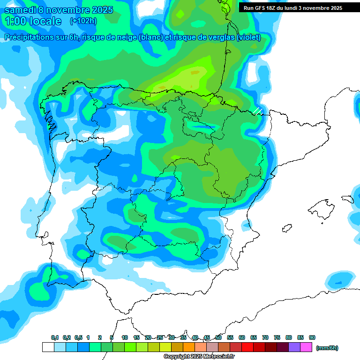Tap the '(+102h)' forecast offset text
click(83, 21)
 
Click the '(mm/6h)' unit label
click(327, 348)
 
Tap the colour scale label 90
click(312, 337)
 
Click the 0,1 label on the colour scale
click(55, 337)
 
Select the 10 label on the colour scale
click(125, 337)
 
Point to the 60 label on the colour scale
click(242, 337)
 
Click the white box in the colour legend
click(48, 347)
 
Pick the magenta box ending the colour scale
click(306, 347)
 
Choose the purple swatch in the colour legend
click(294, 347)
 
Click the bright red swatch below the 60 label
click(247, 347)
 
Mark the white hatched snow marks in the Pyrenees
click(257, 111)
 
